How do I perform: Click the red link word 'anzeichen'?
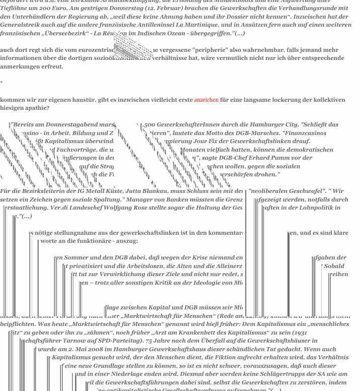click(206, 100)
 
